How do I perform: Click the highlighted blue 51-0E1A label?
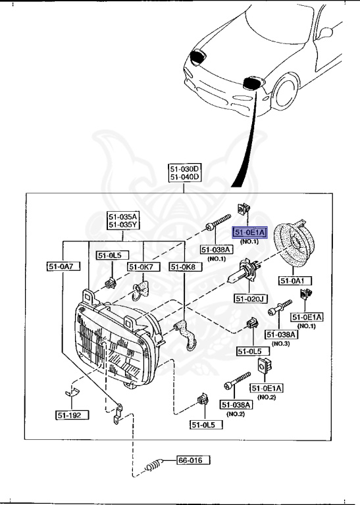click(250, 232)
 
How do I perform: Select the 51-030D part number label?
click(185, 169)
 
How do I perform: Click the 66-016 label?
click(193, 460)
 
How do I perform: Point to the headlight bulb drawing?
click(243, 273)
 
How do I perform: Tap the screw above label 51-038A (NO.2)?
click(237, 379)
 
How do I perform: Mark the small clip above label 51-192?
click(72, 393)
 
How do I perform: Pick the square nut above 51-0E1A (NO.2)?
click(265, 364)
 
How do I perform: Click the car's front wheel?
click(284, 91)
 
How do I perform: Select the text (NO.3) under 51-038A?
click(281, 344)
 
